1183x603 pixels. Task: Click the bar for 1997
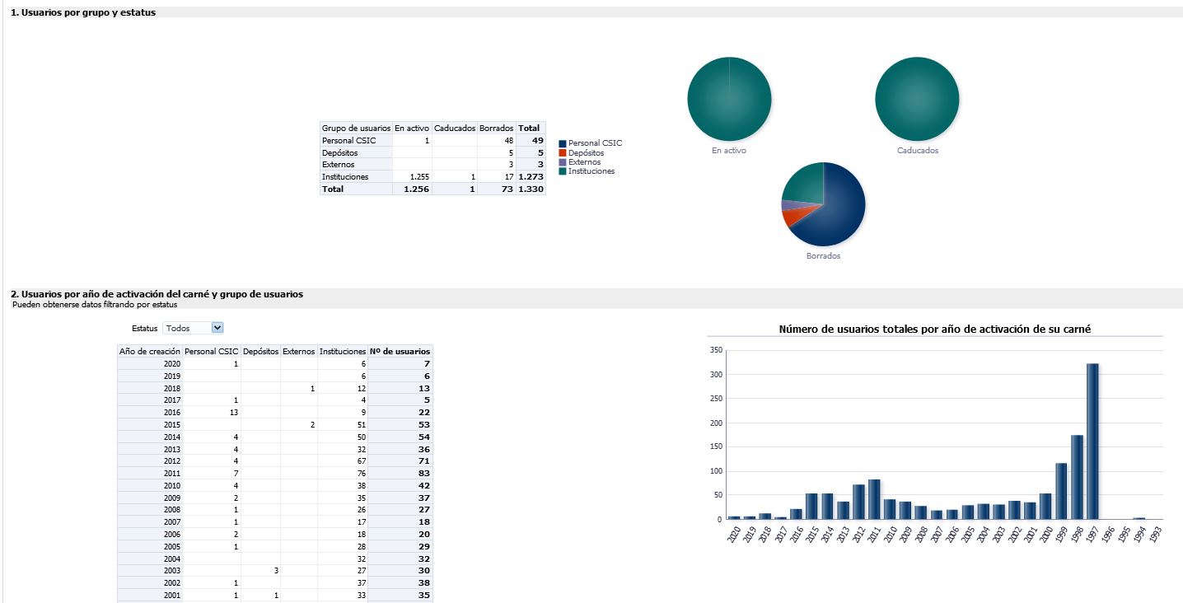click(1092, 442)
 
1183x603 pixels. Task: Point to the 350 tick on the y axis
click(715, 350)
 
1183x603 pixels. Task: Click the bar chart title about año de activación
click(935, 330)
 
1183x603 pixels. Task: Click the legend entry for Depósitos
click(586, 152)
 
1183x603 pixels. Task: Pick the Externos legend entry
click(584, 162)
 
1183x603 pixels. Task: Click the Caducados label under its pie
click(918, 151)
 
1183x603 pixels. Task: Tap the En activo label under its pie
click(729, 151)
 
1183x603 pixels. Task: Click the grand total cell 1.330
click(531, 189)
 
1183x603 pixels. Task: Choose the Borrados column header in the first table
click(496, 129)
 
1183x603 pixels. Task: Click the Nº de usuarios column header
click(400, 351)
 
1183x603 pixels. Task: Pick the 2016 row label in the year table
click(171, 412)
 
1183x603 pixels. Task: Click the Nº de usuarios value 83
click(423, 473)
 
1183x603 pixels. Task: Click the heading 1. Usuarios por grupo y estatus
click(83, 12)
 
